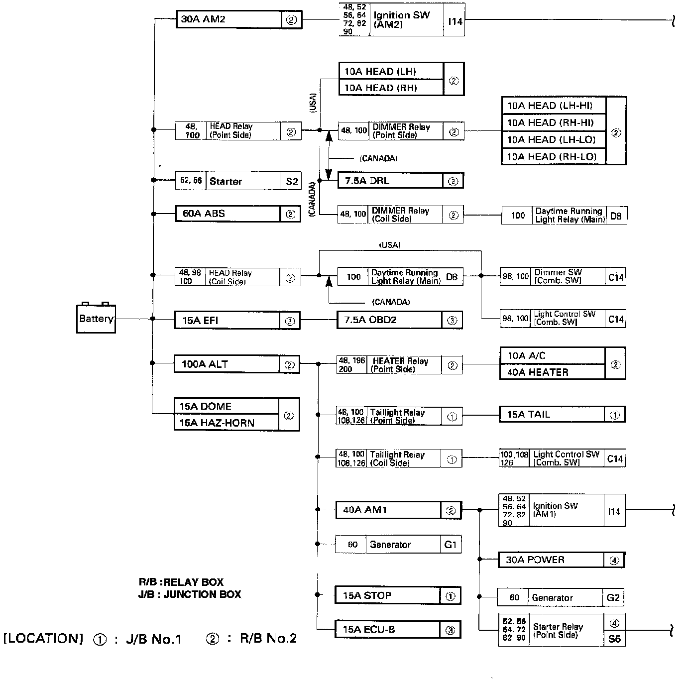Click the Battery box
click(96, 319)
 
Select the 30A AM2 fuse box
click(229, 19)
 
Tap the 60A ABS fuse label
click(204, 214)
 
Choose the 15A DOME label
click(206, 406)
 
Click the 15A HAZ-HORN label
click(217, 423)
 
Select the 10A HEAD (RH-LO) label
click(552, 156)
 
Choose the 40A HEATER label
click(538, 372)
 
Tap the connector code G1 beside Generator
click(451, 545)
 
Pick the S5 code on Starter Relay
click(614, 639)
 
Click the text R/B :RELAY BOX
click(181, 582)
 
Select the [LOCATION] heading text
click(43, 639)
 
